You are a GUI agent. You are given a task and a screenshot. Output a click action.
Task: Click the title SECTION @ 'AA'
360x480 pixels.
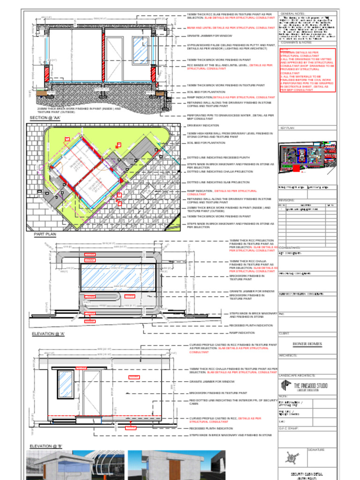45,118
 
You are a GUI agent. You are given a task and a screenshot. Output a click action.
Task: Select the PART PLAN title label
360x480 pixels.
45,233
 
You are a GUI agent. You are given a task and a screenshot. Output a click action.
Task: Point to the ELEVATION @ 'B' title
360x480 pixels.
46,446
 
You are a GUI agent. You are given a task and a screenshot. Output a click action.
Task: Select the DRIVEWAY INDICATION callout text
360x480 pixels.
202,125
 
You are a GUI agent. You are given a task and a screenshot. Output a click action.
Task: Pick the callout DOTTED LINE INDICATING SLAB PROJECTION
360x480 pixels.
218,182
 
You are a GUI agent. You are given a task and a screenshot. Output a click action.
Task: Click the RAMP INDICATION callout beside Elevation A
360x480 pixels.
242,333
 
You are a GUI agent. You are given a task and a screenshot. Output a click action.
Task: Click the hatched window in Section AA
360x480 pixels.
140,50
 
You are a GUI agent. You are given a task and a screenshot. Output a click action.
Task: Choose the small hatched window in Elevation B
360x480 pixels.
65,384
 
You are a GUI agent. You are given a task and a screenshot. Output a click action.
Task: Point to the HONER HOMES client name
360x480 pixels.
307,344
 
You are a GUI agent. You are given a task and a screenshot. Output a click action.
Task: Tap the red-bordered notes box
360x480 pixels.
307,70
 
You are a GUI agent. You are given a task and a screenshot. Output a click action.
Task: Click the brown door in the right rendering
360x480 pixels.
175,470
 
